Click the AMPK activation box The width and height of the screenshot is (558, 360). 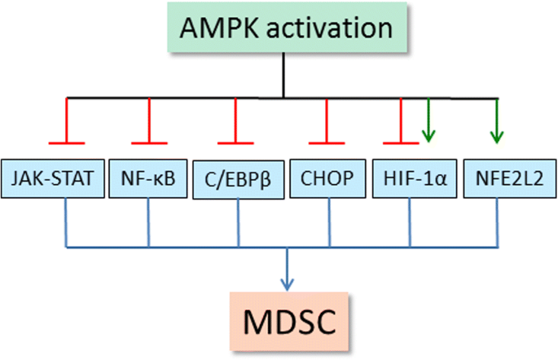pyautogui.click(x=283, y=31)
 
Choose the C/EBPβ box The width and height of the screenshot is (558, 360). pyautogui.click(x=238, y=180)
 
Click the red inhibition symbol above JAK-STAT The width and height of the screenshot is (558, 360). pyautogui.click(x=66, y=122)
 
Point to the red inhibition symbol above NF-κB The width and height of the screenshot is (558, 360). pyautogui.click(x=147, y=122)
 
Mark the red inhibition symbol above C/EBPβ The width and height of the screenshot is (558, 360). pyautogui.click(x=236, y=122)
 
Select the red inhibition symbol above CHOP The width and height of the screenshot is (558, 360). pyautogui.click(x=327, y=122)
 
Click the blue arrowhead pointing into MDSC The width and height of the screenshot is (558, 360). pyautogui.click(x=287, y=282)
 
